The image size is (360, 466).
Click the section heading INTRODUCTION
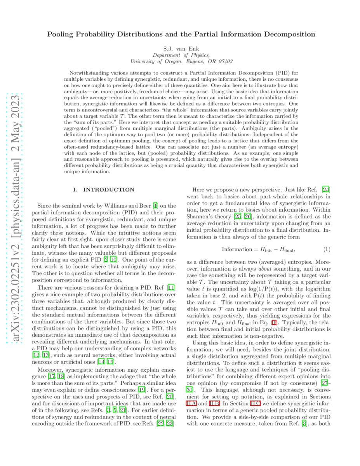point(109,190)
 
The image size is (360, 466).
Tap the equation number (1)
point(327,249)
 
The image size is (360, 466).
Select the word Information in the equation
point(237,249)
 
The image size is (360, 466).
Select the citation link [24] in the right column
point(326,190)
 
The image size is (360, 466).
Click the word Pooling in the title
point(61,35)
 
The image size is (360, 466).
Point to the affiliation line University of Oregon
point(181,61)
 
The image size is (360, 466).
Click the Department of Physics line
point(181,55)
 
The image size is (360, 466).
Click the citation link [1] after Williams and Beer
point(155,206)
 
